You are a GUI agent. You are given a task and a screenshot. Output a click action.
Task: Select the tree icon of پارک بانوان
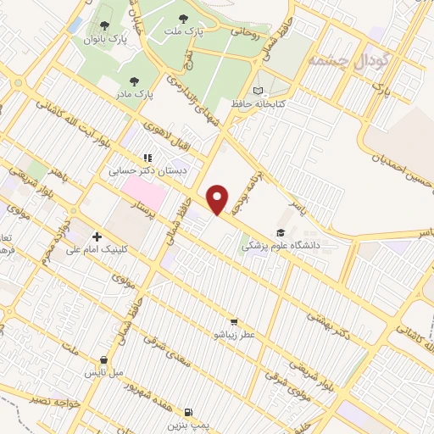[106, 24]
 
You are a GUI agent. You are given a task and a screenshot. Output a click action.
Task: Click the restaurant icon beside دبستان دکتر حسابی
[147, 157]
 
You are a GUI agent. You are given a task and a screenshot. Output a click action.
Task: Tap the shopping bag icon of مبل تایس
[103, 359]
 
